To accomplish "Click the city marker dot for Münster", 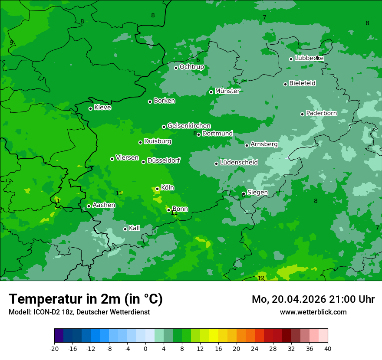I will pyautogui.click(x=211, y=92).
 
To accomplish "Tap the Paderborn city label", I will pyautogui.click(x=321, y=113).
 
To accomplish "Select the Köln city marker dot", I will pyautogui.click(x=157, y=189).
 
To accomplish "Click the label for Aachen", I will pyautogui.click(x=104, y=205).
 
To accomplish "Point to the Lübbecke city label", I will pyautogui.click(x=309, y=58).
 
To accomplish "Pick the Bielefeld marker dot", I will pyautogui.click(x=285, y=84).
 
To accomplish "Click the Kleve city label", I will pyautogui.click(x=102, y=108).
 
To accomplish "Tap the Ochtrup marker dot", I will pyautogui.click(x=176, y=68).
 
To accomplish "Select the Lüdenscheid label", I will pyautogui.click(x=239, y=163).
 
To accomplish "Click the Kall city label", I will pyautogui.click(x=135, y=228).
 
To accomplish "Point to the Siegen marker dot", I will pyautogui.click(x=244, y=193).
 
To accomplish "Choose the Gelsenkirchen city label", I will pyautogui.click(x=189, y=126).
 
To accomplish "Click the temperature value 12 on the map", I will pyautogui.click(x=261, y=278).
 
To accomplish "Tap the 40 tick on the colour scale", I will pyautogui.click(x=327, y=349).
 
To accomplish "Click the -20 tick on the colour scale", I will pyautogui.click(x=54, y=349).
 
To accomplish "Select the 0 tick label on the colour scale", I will pyautogui.click(x=145, y=349).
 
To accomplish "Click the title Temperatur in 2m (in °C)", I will pyautogui.click(x=86, y=299).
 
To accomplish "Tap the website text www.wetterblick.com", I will pyautogui.click(x=313, y=312).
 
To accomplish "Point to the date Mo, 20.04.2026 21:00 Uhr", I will pyautogui.click(x=313, y=299).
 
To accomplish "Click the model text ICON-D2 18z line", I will pyautogui.click(x=79, y=312).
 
